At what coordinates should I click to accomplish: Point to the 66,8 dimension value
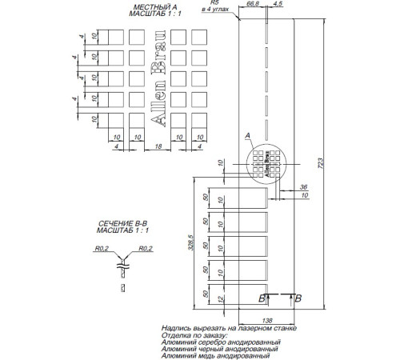click(254, 5)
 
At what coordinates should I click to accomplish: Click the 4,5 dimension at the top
click(277, 5)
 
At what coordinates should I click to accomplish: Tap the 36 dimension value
click(303, 186)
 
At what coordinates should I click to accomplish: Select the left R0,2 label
click(100, 248)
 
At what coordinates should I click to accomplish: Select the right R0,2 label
click(145, 248)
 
